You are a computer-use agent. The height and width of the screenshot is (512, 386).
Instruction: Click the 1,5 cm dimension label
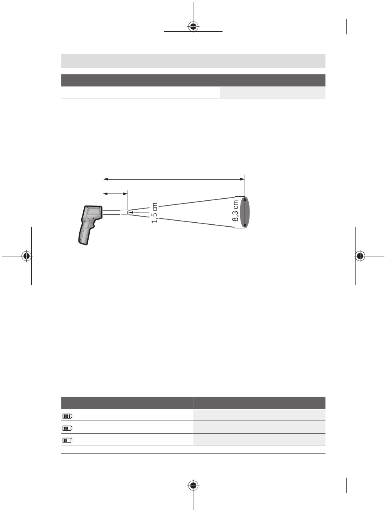pos(154,213)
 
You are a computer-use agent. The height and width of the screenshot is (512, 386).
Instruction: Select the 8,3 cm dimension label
pos(235,210)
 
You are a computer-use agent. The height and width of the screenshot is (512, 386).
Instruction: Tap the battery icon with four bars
pos(67,416)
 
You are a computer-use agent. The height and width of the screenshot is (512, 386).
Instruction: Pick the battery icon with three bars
pos(67,428)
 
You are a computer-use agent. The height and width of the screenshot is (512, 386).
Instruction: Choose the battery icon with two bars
pos(67,440)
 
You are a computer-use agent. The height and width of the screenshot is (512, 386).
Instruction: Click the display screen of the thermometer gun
pos(93,212)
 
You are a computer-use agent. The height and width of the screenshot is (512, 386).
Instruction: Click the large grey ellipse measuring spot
pos(245,212)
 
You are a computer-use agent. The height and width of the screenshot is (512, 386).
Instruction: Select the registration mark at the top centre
pos(193,26)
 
